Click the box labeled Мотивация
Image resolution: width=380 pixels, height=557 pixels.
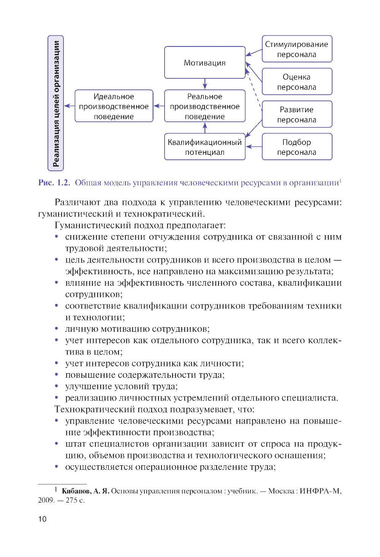tap(205, 63)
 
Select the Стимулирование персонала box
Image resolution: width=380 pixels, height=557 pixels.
tap(297, 49)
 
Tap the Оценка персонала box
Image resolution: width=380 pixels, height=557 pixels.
tap(297, 82)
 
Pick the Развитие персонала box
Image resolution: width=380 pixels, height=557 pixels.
tap(297, 115)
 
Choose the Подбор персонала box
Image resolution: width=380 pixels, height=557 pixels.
tap(297, 147)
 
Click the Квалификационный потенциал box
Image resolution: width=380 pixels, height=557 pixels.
tap(205, 147)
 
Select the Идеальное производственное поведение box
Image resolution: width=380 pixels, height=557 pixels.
tap(114, 106)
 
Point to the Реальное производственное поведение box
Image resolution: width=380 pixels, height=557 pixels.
tap(205, 106)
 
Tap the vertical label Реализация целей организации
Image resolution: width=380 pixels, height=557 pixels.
tap(56, 103)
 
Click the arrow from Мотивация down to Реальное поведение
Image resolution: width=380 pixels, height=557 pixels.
tap(205, 84)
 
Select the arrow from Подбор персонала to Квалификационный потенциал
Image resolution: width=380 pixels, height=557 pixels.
tap(254, 146)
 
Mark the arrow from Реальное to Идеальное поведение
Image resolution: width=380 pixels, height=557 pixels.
tap(159, 106)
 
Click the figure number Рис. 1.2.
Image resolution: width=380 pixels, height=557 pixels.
tap(54, 183)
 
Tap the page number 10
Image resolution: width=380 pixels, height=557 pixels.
tap(42, 519)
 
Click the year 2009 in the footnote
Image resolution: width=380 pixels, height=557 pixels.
tap(46, 500)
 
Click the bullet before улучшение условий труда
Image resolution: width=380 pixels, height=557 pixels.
tap(57, 387)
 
